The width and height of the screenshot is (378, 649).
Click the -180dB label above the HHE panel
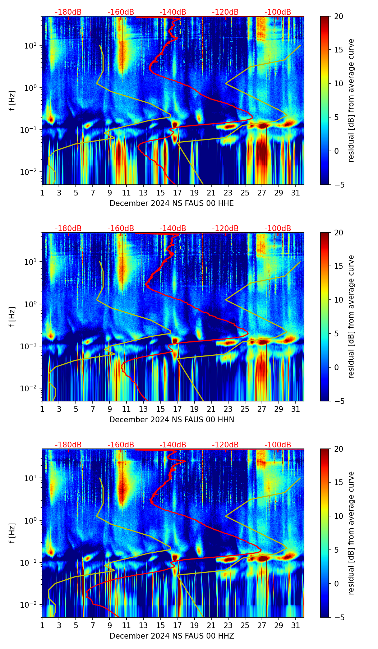[x=68, y=12]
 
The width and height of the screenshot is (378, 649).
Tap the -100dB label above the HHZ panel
[x=278, y=445]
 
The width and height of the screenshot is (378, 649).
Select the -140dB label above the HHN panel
[x=173, y=229]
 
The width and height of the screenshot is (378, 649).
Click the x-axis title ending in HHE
[x=172, y=203]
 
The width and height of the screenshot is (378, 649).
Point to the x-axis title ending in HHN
[x=172, y=420]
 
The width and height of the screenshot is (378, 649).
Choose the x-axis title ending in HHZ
[x=172, y=636]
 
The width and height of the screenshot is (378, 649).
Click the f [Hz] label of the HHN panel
[x=12, y=317]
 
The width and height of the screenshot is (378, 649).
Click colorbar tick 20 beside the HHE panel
[x=338, y=17]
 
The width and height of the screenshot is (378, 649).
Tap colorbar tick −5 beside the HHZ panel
[x=338, y=617]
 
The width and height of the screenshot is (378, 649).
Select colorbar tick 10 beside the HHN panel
[x=338, y=300]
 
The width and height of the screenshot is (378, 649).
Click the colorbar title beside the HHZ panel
[x=351, y=533]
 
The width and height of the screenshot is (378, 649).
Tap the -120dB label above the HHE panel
[x=225, y=12]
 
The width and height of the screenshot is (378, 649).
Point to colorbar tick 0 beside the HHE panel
[x=337, y=151]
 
